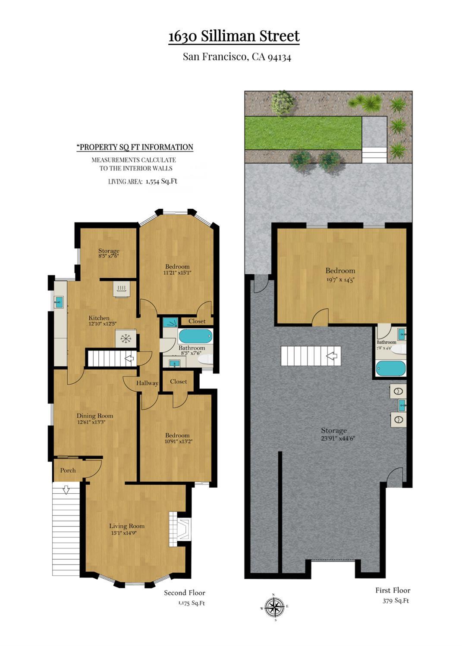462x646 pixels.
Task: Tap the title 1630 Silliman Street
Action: tap(234, 36)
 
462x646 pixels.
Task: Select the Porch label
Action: tap(68, 470)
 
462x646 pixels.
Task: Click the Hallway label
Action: tap(147, 383)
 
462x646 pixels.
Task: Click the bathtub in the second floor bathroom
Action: tap(195, 336)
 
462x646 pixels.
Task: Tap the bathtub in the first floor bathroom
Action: tap(391, 368)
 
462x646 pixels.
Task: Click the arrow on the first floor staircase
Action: tap(333, 356)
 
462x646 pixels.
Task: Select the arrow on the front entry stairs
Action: tap(66, 490)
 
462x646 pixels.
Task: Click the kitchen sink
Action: tap(58, 302)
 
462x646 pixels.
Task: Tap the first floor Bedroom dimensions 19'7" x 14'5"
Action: tap(340, 279)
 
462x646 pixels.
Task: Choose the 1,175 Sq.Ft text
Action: tap(192, 603)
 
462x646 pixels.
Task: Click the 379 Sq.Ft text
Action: tap(396, 601)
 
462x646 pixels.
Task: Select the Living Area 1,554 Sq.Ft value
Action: tap(161, 182)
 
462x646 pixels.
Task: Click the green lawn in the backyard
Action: tap(303, 133)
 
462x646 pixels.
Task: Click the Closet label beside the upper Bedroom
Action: tap(197, 321)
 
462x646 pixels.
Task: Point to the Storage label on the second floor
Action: tap(109, 251)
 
